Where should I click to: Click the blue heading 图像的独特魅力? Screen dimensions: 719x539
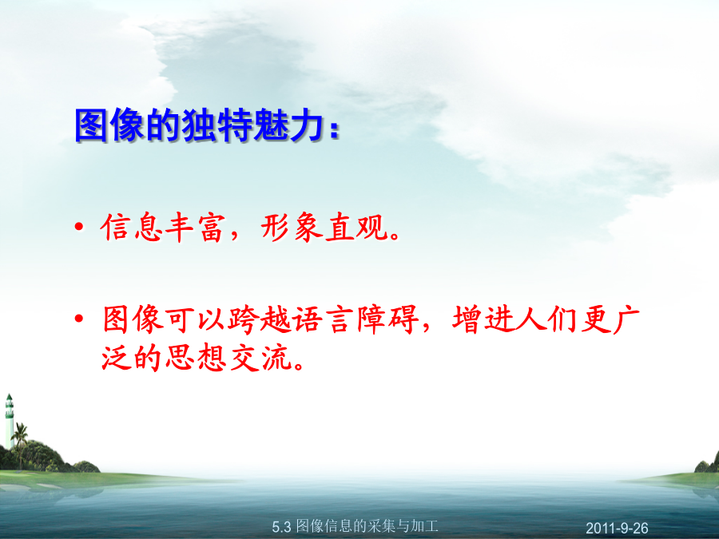(200, 125)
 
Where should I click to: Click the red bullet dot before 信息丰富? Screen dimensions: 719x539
(79, 227)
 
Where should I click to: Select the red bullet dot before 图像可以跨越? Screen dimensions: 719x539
(79, 318)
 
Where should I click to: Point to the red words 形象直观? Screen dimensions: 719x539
(324, 228)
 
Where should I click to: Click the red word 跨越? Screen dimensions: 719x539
(259, 319)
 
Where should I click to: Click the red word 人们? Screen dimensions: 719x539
(546, 319)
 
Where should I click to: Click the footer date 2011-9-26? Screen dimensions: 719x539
(617, 528)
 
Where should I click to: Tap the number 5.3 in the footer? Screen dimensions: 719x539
(281, 527)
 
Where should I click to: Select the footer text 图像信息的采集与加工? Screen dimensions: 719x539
(367, 526)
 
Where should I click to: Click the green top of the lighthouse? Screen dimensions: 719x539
(9, 398)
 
